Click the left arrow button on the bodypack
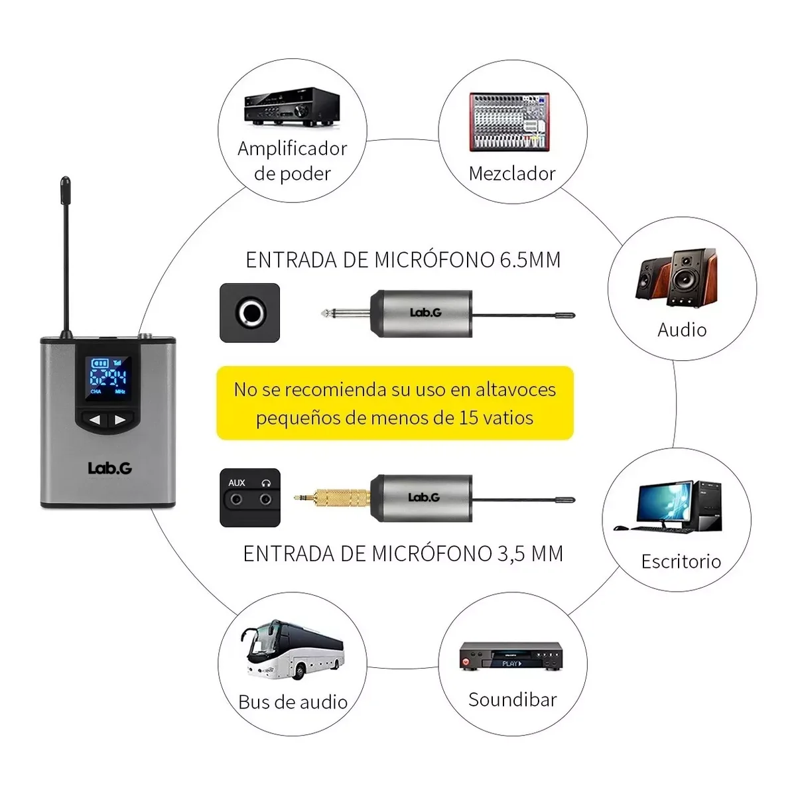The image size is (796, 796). (95, 420)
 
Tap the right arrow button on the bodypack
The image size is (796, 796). (121, 420)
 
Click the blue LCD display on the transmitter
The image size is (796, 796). (108, 378)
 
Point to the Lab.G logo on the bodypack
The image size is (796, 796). (110, 468)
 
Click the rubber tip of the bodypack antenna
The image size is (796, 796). (65, 190)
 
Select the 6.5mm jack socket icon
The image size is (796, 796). (249, 312)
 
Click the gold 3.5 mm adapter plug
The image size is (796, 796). (332, 497)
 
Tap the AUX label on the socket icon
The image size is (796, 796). (237, 482)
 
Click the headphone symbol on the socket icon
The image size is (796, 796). (266, 483)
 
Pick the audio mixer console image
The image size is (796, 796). (509, 122)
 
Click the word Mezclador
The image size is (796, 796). (512, 174)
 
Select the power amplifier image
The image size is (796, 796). (292, 107)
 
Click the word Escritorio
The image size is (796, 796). (681, 561)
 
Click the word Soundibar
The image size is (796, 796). (513, 700)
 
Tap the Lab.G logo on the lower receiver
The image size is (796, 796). (424, 497)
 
